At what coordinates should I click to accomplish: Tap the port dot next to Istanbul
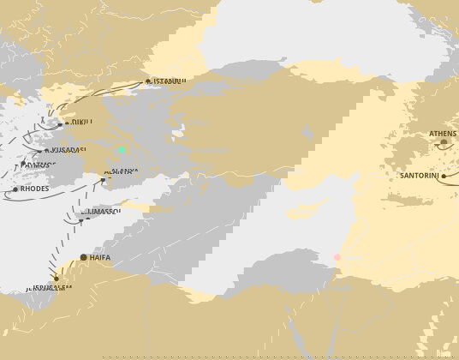click(x=147, y=82)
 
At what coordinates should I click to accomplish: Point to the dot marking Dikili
click(x=60, y=124)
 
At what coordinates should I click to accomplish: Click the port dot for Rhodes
click(x=15, y=189)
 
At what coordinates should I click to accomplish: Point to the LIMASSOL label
click(x=101, y=211)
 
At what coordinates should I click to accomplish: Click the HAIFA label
click(x=100, y=257)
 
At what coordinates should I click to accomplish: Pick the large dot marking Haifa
click(x=83, y=257)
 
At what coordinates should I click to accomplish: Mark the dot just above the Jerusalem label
click(x=56, y=278)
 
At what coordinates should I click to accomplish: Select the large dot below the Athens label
click(x=444, y=143)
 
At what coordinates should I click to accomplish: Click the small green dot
click(x=122, y=151)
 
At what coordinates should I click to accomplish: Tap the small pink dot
click(x=337, y=257)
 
